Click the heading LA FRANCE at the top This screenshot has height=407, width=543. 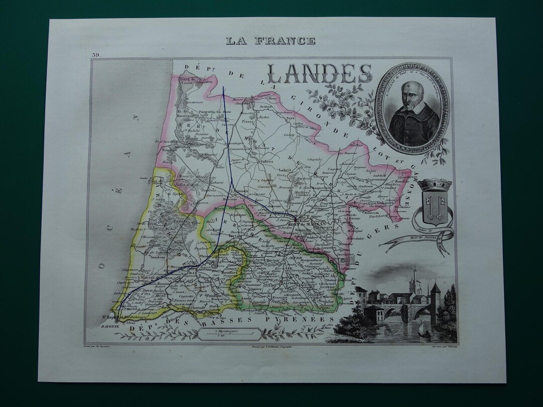click(x=270, y=41)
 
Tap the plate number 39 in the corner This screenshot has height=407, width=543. click(x=96, y=54)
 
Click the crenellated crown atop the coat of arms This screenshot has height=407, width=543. click(x=430, y=185)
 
